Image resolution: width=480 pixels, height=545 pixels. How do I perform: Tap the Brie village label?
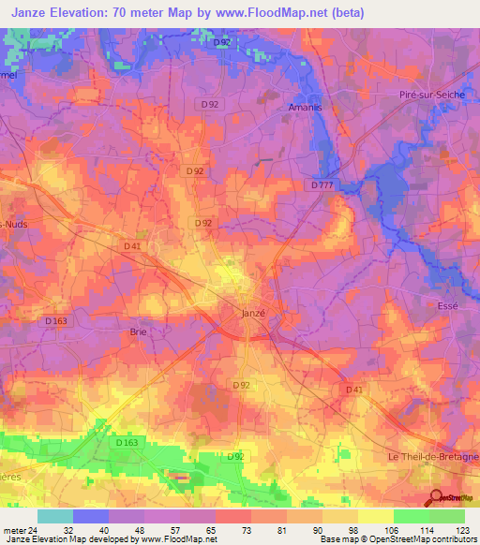[x=137, y=331]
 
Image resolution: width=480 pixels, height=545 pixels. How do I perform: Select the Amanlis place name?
[x=303, y=108]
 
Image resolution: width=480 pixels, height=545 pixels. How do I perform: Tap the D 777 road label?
[x=322, y=185]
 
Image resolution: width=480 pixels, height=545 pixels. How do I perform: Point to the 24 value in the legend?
[x=33, y=529]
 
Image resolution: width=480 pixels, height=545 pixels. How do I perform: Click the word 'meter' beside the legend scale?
[x=13, y=529]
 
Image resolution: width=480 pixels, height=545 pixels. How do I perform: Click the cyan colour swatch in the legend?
[x=55, y=516]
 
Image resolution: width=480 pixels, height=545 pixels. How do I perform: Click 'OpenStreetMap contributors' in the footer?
[x=426, y=539]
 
